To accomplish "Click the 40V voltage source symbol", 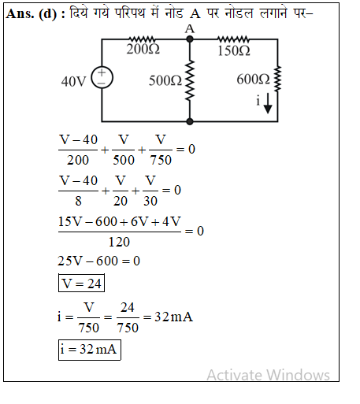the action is (102, 78).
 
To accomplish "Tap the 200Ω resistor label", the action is (143, 49).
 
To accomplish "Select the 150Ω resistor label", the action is (234, 50).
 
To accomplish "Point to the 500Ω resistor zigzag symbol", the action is (190, 80).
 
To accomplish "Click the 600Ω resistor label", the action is (253, 80).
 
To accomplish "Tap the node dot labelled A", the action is (190, 39).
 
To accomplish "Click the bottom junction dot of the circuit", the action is (190, 121).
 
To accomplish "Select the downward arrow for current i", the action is (268, 103).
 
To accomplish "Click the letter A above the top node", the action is (190, 29).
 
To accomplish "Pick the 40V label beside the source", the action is (73, 81).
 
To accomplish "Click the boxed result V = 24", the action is (81, 283).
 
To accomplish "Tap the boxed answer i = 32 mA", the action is (90, 350).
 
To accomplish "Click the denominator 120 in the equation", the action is (119, 242).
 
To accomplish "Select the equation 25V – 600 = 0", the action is (99, 261).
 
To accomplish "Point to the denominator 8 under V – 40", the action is (78, 201).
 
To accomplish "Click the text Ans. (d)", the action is (32, 13).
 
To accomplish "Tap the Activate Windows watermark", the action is (268, 375).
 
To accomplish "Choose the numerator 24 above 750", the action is (128, 307).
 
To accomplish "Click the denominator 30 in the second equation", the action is (150, 201).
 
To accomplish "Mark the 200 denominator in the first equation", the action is (78, 160).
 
